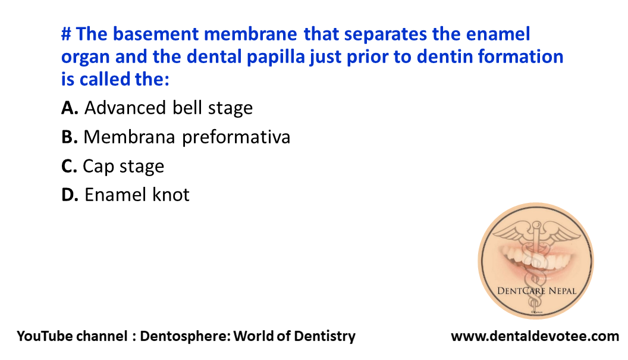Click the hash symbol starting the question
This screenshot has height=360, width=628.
[x=67, y=35]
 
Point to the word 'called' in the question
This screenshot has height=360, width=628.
[x=106, y=79]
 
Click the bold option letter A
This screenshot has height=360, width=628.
[x=70, y=108]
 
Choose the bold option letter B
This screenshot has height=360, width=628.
[x=69, y=137]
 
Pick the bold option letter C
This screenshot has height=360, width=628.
[x=69, y=166]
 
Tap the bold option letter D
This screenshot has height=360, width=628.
[x=70, y=195]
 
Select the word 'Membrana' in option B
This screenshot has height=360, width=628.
[x=129, y=137]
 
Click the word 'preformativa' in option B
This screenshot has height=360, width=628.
[x=236, y=137]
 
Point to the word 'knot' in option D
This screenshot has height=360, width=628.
[x=171, y=195]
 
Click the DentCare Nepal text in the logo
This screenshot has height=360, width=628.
[x=536, y=291]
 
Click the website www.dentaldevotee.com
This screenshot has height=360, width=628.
[x=535, y=336]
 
